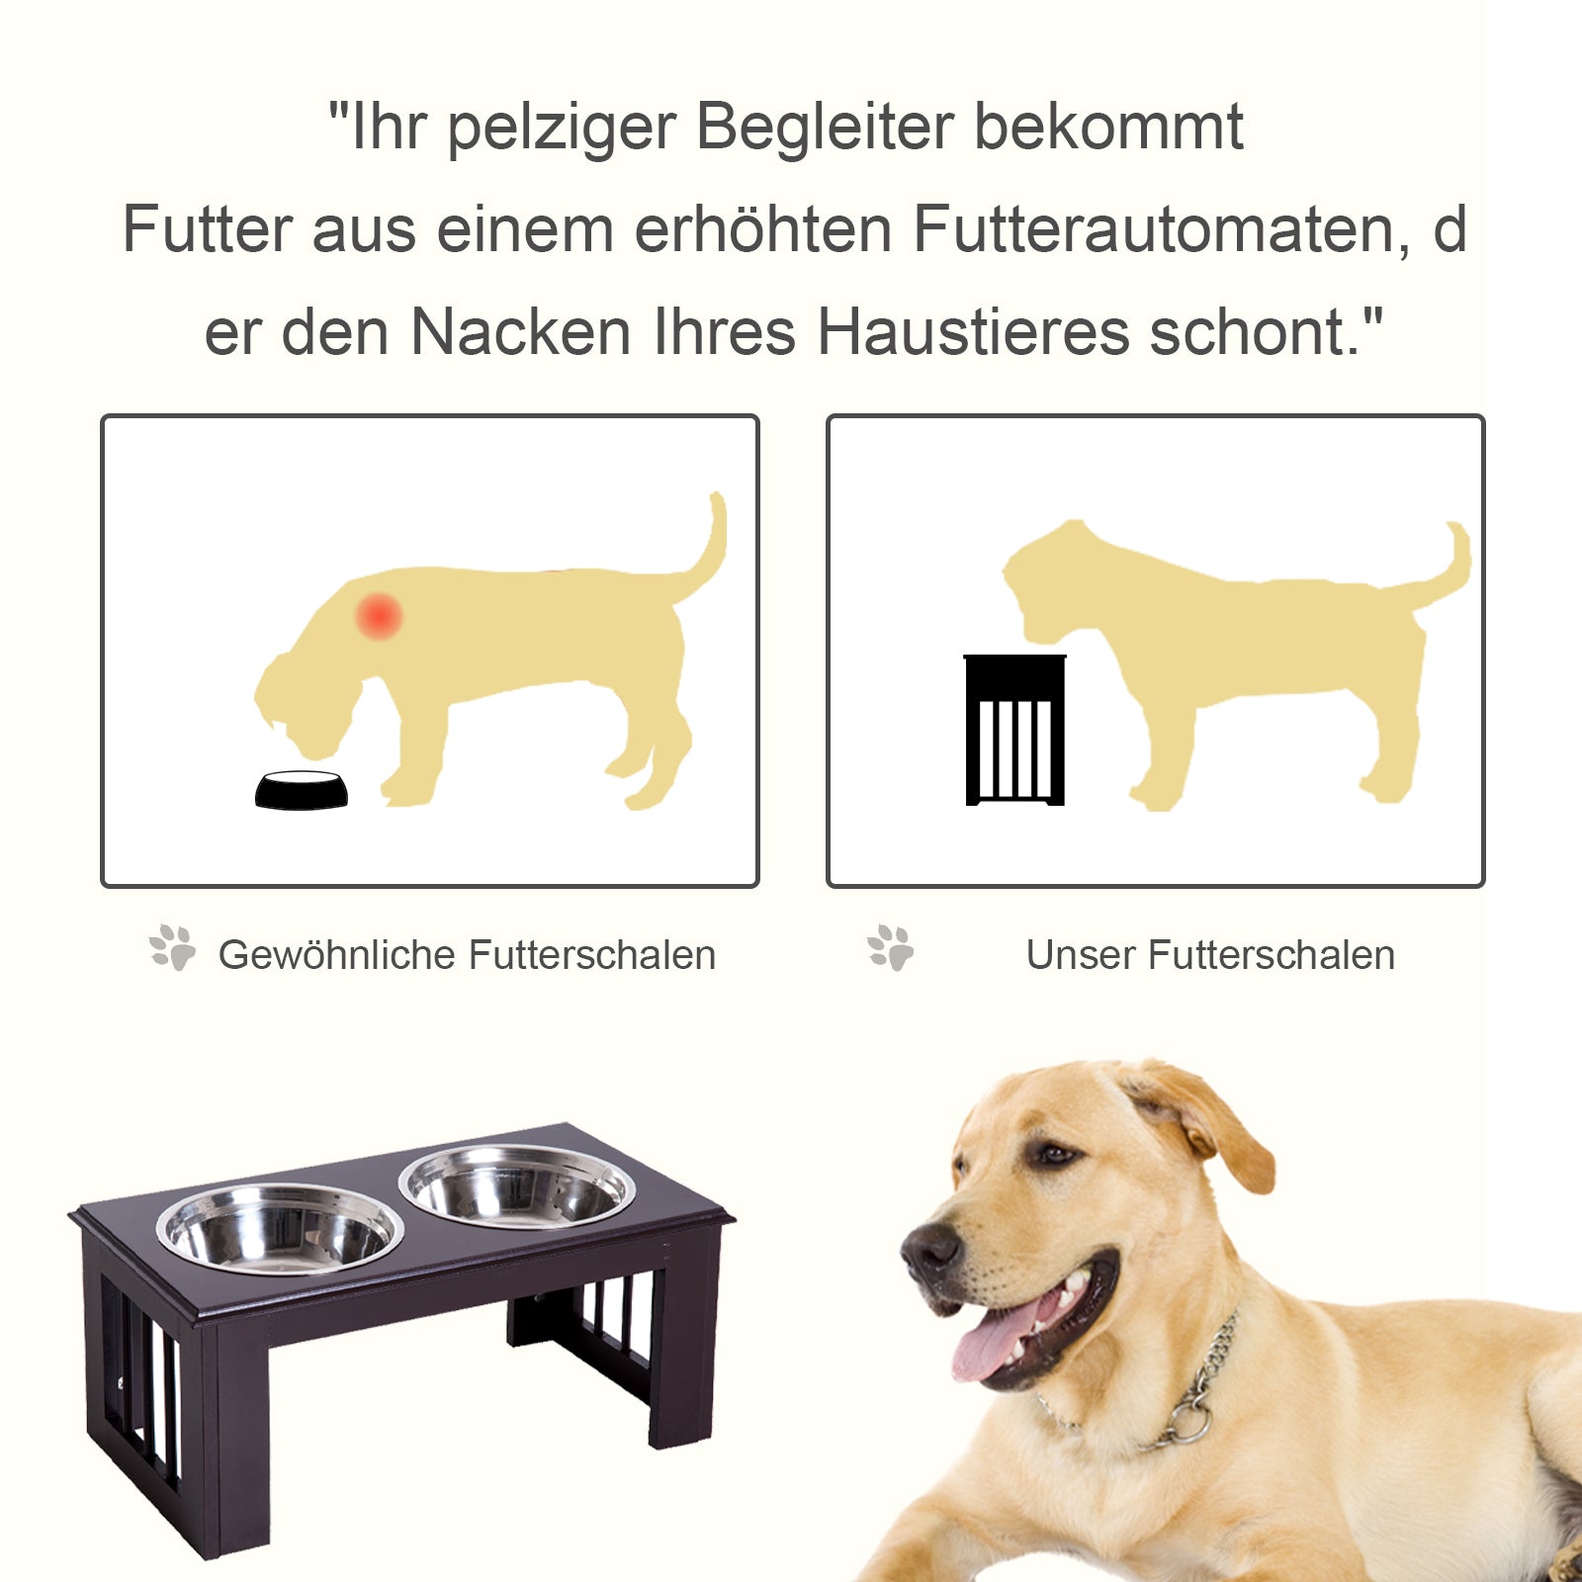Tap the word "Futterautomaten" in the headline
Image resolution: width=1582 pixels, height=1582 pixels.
tap(1161, 229)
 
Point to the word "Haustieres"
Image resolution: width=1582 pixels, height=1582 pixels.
tap(973, 332)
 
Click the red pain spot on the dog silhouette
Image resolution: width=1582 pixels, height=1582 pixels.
tap(379, 616)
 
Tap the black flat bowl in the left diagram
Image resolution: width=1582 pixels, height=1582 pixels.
tap(302, 790)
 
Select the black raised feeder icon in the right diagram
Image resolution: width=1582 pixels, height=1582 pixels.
tap(1014, 731)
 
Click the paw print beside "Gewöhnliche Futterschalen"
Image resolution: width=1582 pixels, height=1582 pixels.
tap(173, 948)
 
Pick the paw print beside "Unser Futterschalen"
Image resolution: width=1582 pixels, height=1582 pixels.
tap(891, 948)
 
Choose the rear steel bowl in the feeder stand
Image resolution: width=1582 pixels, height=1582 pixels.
tap(516, 1186)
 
